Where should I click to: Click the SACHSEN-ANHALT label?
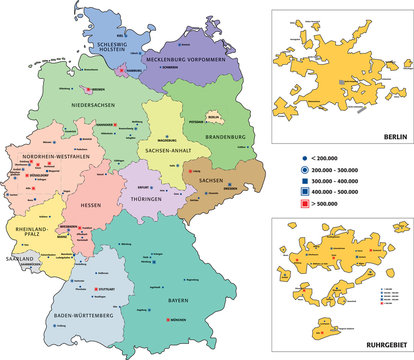tap(168, 149)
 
